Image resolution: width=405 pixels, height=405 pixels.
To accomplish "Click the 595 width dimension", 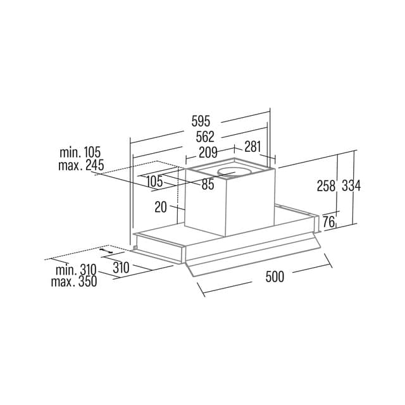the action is (201, 121).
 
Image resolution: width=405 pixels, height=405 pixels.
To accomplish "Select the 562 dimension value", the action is (205, 137).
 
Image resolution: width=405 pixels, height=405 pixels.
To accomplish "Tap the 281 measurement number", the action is (252, 147).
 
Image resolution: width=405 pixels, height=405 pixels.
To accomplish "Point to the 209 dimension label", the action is (208, 153).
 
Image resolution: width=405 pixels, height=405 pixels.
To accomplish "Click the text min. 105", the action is (80, 153).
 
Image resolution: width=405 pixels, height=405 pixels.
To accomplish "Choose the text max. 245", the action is (81, 165).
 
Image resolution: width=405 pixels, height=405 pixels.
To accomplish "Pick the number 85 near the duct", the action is (208, 184).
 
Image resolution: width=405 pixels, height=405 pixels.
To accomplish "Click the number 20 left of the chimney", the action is (161, 207).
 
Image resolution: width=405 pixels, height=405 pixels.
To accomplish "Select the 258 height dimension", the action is (326, 185).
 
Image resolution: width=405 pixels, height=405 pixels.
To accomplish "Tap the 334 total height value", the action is (351, 185).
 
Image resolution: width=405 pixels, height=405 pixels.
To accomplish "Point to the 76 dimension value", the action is (329, 222).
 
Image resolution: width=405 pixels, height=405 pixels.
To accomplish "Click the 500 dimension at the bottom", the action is (275, 277).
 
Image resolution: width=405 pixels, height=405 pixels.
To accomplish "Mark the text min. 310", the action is (76, 270).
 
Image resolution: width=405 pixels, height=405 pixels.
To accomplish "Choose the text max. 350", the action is (74, 282).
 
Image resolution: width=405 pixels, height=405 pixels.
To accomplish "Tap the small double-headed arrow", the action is (106, 251).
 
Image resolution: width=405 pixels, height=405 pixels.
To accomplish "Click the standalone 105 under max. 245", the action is (154, 182).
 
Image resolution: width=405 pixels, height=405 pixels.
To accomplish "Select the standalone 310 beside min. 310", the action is (121, 268).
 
